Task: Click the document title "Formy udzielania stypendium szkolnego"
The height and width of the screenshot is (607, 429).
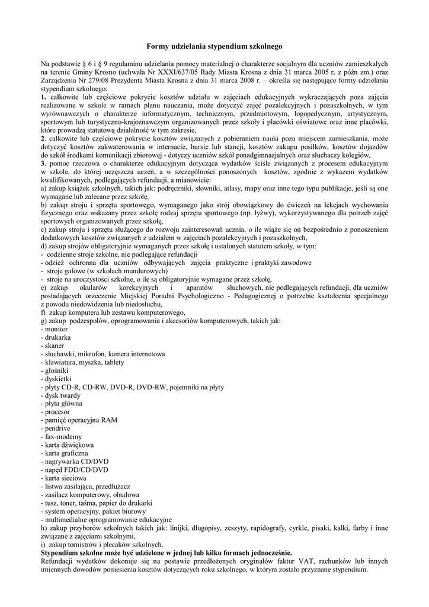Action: click(215, 45)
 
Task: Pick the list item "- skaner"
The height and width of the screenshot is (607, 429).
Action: click(53, 345)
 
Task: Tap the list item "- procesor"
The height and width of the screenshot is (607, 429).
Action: click(55, 411)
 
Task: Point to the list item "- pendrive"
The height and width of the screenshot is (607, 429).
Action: click(56, 428)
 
